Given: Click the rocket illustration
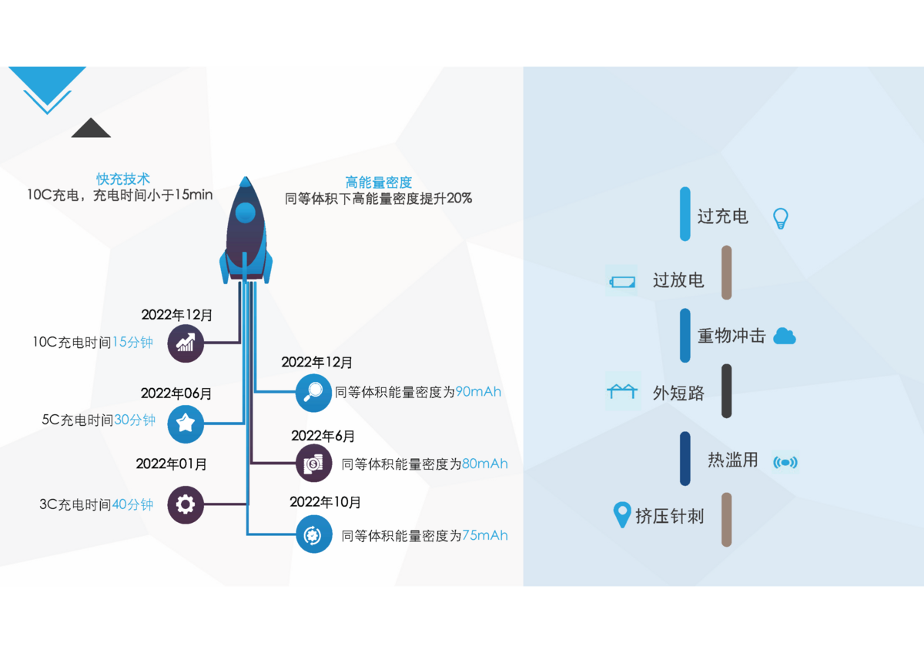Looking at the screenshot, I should [x=246, y=230].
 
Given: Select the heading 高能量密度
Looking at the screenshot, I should [x=379, y=183].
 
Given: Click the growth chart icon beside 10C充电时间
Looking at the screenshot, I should [x=186, y=343].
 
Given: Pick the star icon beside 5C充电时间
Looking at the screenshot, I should [x=186, y=423].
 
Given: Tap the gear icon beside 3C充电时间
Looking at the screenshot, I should [x=186, y=505].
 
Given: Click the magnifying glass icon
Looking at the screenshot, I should [x=314, y=393].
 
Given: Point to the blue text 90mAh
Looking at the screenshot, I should [x=478, y=392].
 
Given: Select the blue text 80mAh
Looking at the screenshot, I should [x=484, y=464].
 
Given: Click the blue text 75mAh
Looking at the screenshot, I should [x=484, y=536].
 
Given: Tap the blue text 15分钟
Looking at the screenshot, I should [x=133, y=343].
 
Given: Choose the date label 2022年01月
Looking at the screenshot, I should [x=172, y=464].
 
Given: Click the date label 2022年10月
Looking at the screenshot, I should [x=325, y=502].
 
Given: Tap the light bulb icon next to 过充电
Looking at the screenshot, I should [x=781, y=218].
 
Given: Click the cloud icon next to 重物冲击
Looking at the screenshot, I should [x=784, y=336].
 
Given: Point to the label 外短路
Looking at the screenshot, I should [x=678, y=393].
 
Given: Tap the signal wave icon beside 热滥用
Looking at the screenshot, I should [x=785, y=462].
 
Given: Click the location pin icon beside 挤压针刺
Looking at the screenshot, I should [x=621, y=514].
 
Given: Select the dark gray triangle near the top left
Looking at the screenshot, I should [x=91, y=128].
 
